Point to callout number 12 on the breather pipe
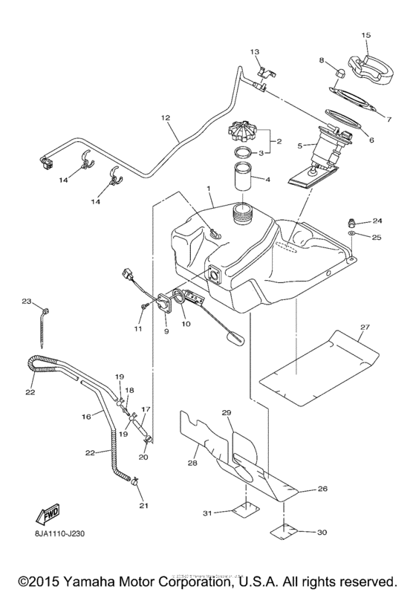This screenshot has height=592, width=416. (164, 117)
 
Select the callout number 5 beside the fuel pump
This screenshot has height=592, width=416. (300, 146)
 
